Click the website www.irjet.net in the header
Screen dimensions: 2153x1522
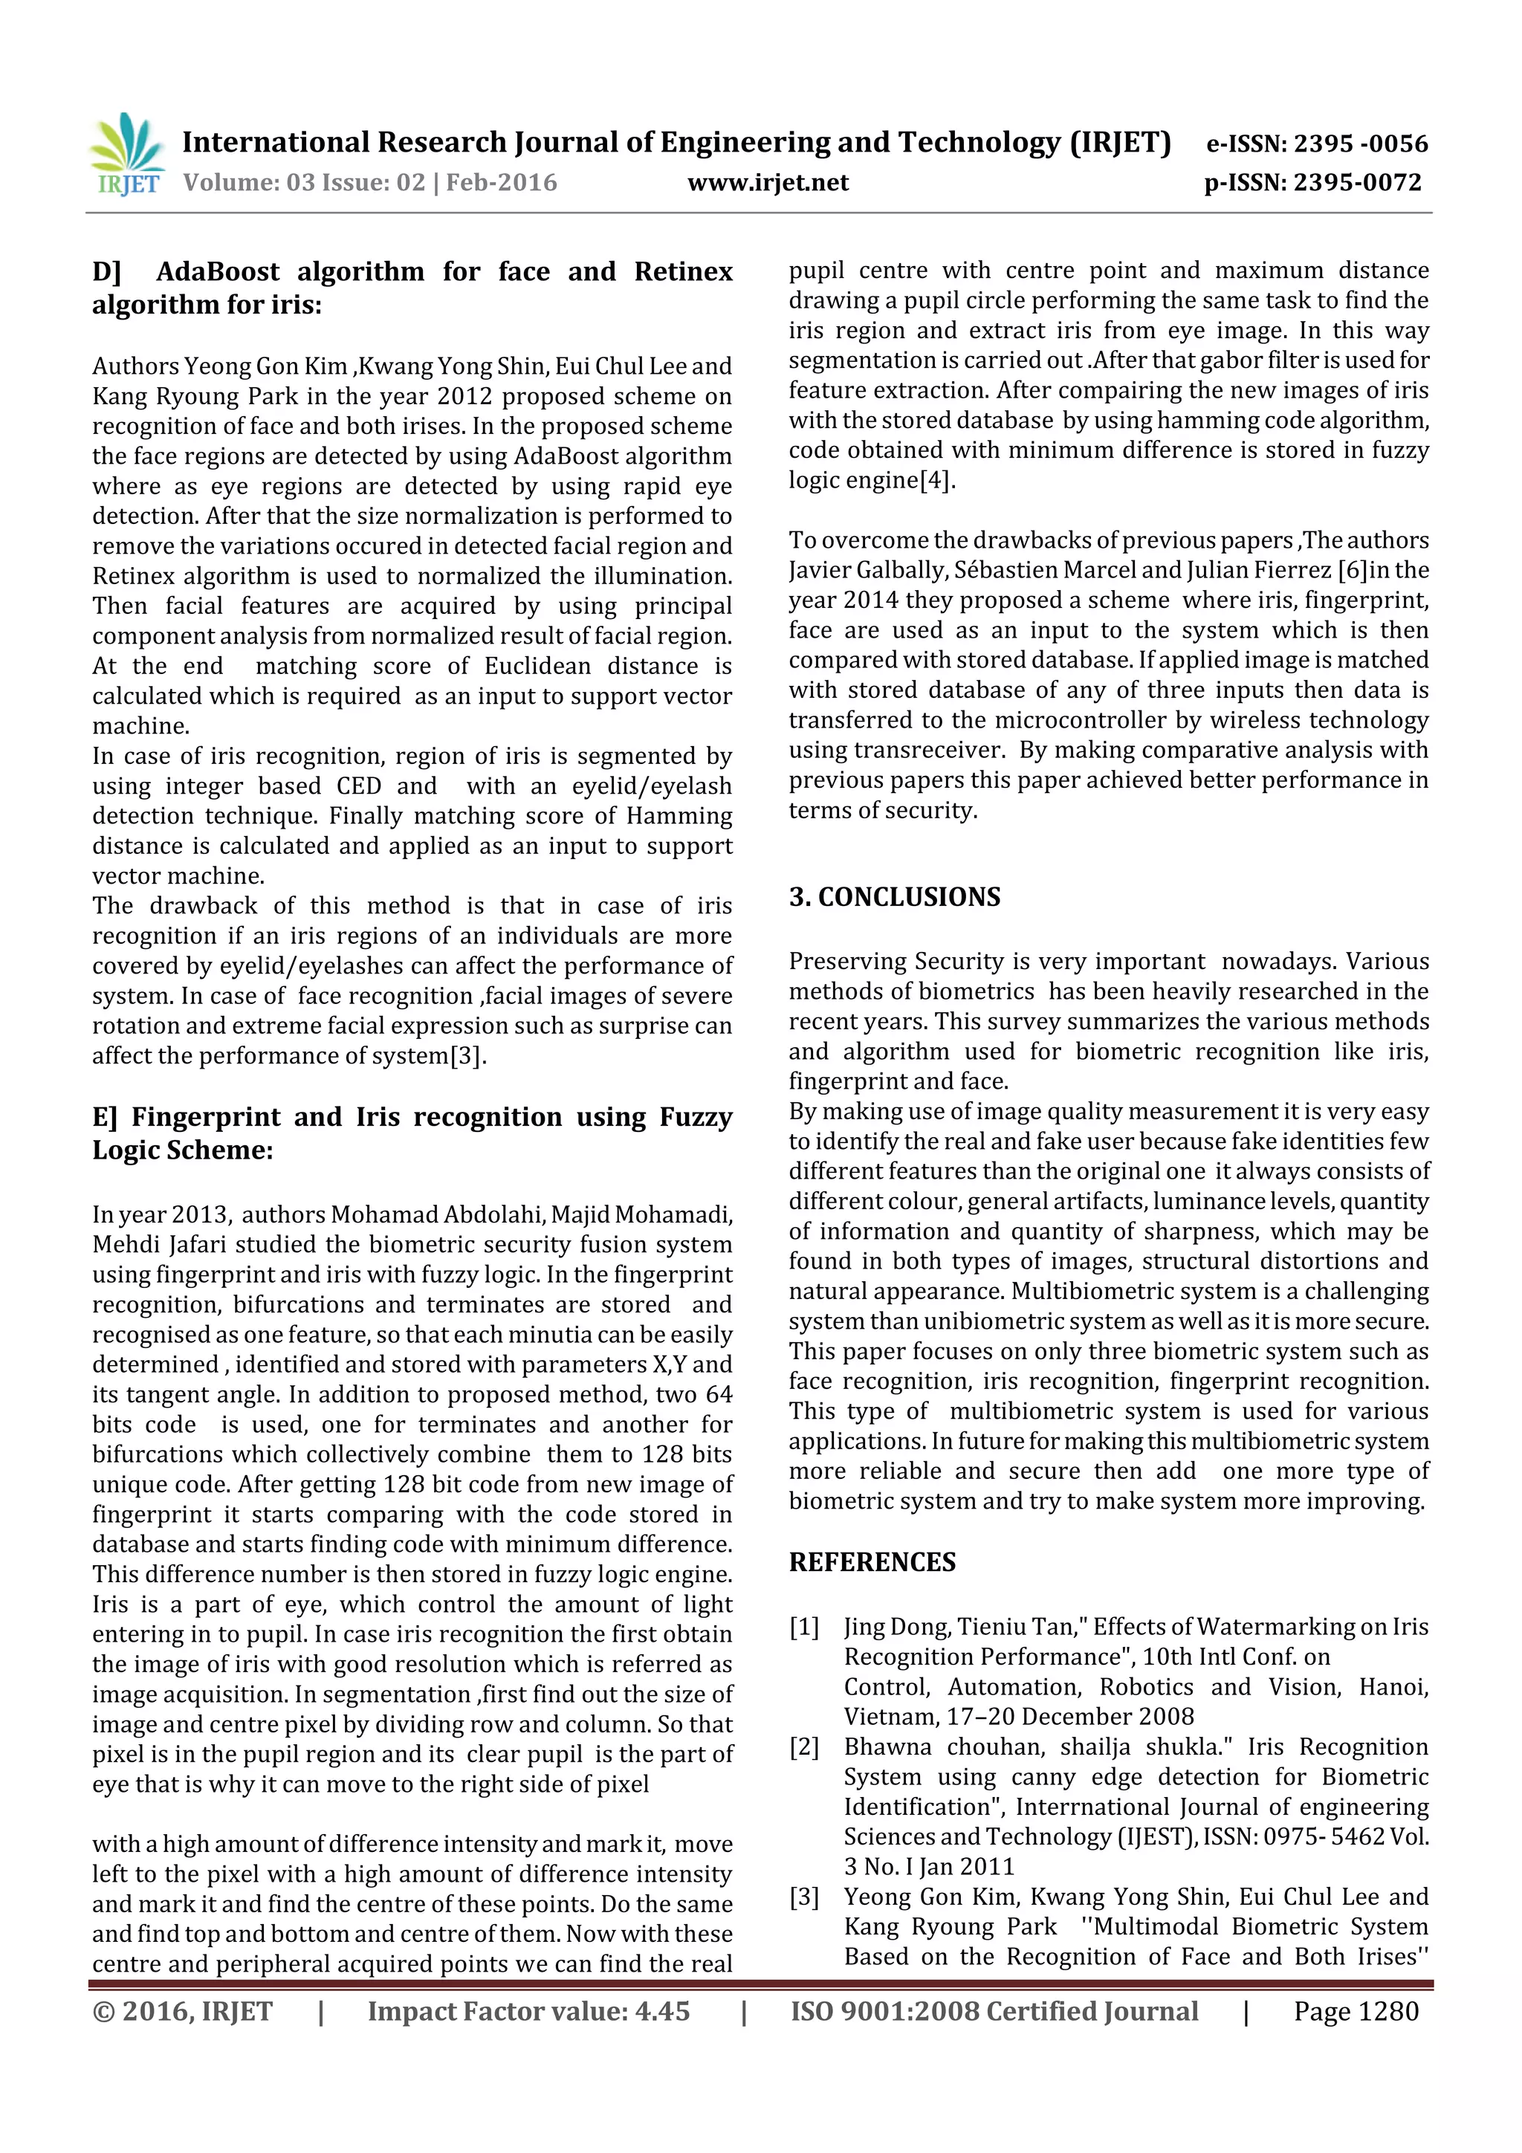pyautogui.click(x=767, y=183)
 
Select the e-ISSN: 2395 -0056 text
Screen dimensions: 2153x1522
pyautogui.click(x=1317, y=143)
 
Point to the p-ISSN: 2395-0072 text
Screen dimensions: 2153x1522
pyautogui.click(x=1313, y=183)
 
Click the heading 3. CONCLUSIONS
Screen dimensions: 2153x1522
pyautogui.click(x=894, y=898)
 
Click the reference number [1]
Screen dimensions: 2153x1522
pyautogui.click(x=803, y=1627)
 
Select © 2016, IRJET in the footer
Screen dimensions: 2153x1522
pyautogui.click(x=182, y=2011)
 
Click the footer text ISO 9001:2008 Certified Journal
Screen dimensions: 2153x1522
pyautogui.click(x=994, y=2011)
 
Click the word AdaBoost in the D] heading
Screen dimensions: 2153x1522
pyautogui.click(x=218, y=272)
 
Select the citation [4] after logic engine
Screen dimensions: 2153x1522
pyautogui.click(x=936, y=480)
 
